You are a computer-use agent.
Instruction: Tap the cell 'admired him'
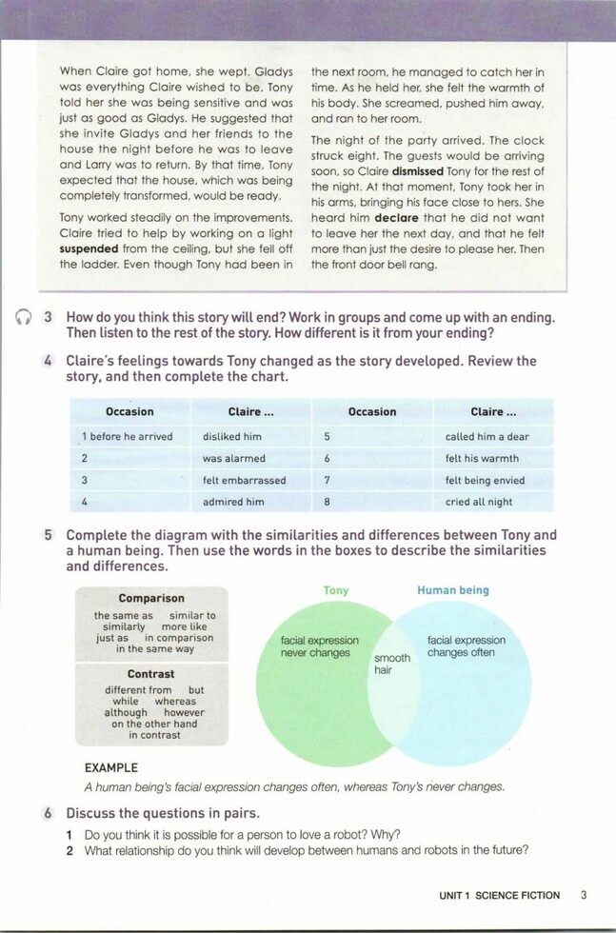[x=233, y=502]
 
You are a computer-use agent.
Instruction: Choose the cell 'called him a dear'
[x=487, y=436]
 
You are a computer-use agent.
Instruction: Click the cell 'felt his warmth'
[x=482, y=458]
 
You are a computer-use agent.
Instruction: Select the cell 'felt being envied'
[x=485, y=480]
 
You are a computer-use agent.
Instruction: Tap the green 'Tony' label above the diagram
[x=336, y=591]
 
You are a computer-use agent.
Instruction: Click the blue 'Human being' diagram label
[x=453, y=591]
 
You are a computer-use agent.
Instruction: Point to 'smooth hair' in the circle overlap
[x=392, y=664]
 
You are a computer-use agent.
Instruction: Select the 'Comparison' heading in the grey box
[x=151, y=598]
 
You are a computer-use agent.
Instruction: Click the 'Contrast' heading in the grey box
[x=151, y=674]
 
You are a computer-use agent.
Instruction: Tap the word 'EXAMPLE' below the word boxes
[x=110, y=767]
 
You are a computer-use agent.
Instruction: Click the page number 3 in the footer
[x=584, y=896]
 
